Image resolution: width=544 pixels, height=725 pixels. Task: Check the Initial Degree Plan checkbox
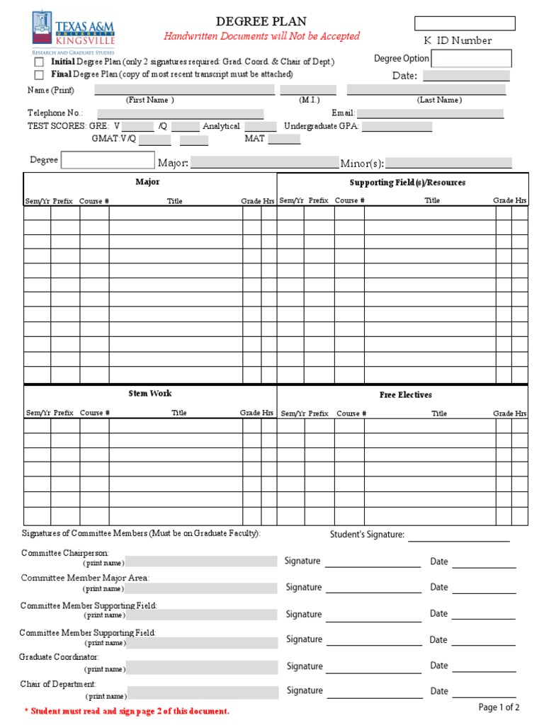click(x=39, y=62)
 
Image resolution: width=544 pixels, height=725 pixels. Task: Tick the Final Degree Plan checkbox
click(x=39, y=74)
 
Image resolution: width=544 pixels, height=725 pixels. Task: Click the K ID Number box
click(x=465, y=23)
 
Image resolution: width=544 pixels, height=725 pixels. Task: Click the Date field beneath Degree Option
click(x=465, y=76)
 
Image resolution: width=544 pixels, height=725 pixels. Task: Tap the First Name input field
click(x=184, y=89)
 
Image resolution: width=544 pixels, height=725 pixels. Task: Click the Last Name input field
click(x=426, y=89)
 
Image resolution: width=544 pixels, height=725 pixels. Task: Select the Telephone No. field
click(x=180, y=113)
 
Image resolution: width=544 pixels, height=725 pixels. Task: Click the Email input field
click(x=430, y=113)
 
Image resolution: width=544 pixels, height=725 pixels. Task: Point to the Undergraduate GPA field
click(x=397, y=127)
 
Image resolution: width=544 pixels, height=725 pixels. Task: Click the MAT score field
click(x=284, y=139)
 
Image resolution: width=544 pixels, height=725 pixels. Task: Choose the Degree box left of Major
click(x=108, y=160)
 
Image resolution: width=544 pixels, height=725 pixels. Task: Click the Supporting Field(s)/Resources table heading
click(x=407, y=183)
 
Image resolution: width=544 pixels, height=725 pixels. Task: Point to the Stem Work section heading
click(x=149, y=394)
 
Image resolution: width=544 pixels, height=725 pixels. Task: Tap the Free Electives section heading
click(x=405, y=395)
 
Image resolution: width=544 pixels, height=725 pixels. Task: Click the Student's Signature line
click(x=458, y=535)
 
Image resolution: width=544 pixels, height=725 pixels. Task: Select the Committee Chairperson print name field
click(x=202, y=562)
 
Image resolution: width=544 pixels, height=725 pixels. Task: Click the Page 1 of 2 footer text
click(x=499, y=707)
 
